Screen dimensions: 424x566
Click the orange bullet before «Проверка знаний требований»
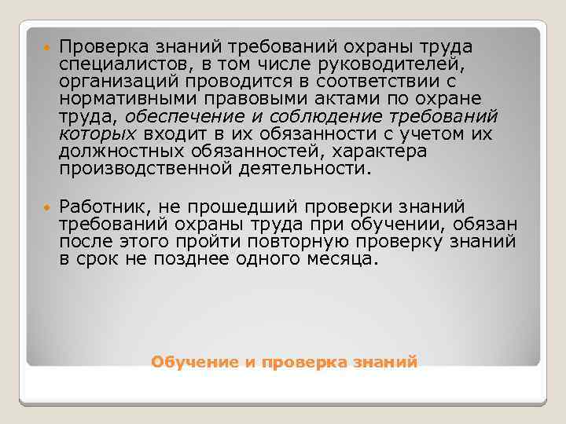46,46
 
